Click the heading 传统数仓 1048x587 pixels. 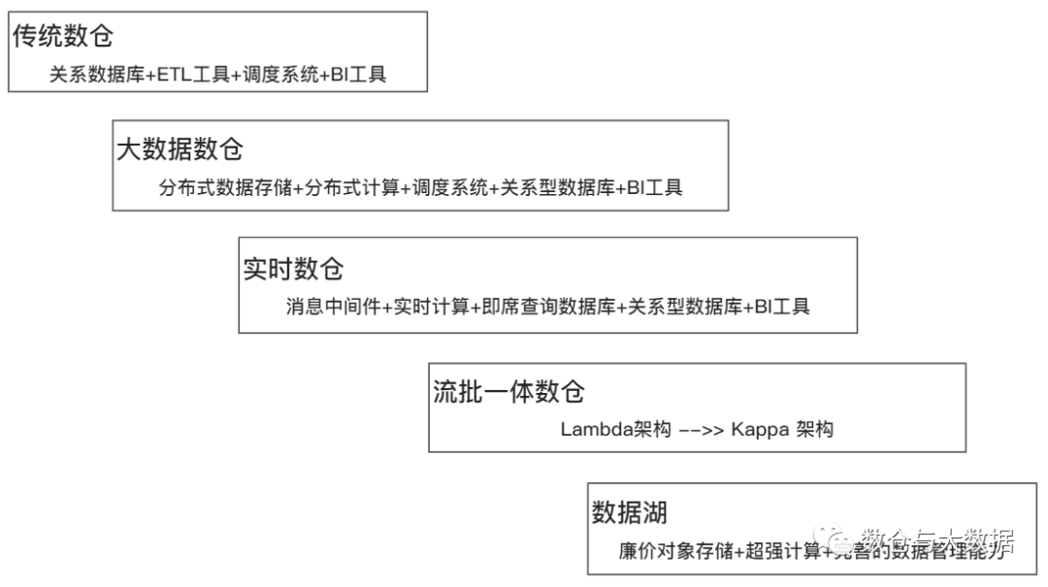tap(63, 37)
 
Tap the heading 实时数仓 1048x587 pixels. tap(293, 269)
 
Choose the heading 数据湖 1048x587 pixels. tap(630, 512)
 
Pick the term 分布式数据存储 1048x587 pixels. tap(225, 188)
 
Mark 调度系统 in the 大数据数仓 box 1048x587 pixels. tap(449, 188)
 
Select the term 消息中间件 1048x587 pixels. tap(333, 308)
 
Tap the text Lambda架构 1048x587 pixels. tap(615, 429)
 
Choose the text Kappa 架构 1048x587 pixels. tap(781, 429)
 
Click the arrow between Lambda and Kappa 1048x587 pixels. tap(701, 429)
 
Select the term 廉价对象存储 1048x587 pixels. tap(676, 550)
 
